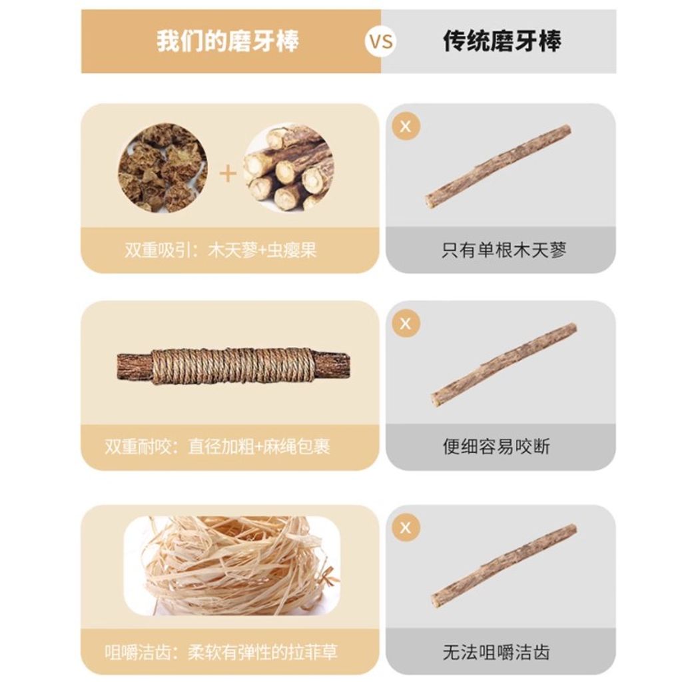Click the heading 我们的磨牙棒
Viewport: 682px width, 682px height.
click(228, 41)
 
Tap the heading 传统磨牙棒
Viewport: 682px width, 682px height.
click(502, 41)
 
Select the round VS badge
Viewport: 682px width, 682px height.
click(380, 41)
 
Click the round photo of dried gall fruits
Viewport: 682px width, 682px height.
click(163, 167)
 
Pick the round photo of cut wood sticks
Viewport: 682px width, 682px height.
click(289, 167)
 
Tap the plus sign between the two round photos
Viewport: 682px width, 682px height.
click(228, 174)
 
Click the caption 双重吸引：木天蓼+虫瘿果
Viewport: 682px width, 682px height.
click(220, 250)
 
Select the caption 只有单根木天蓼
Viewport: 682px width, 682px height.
click(504, 250)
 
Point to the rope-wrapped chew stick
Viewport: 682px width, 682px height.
click(233, 366)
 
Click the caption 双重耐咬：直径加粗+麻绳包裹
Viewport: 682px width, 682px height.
click(218, 447)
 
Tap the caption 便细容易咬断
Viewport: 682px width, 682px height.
click(496, 447)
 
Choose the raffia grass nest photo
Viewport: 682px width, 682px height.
click(232, 565)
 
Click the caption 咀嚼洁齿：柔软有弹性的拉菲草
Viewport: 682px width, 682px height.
click(221, 652)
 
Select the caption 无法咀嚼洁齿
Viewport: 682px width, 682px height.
click(496, 652)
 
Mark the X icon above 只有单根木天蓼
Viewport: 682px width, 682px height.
click(406, 126)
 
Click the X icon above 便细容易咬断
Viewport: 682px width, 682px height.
click(406, 323)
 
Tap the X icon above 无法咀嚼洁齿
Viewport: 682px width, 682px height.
click(406, 527)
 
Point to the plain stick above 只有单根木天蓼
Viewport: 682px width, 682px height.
click(498, 166)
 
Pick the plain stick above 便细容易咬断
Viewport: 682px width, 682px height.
click(504, 364)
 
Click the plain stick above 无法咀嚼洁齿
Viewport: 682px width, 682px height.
click(504, 566)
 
